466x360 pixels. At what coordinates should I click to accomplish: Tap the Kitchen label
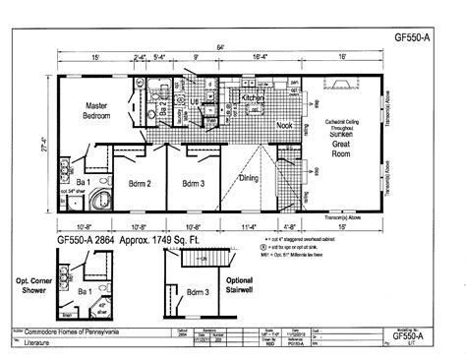[255, 99]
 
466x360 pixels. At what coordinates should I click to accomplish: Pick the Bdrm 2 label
[138, 182]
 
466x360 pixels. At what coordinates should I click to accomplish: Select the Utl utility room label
[197, 101]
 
